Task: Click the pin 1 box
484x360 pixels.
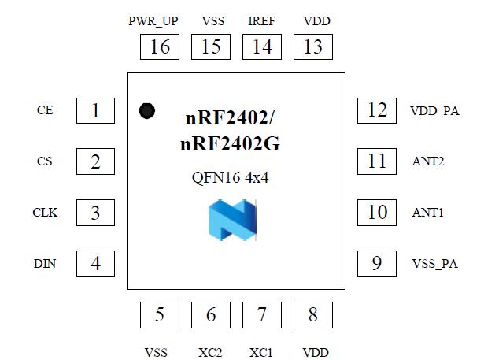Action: (x=96, y=110)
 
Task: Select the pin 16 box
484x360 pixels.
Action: (x=160, y=46)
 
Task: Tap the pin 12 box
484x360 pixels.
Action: (x=377, y=110)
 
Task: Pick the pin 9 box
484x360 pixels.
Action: (x=377, y=262)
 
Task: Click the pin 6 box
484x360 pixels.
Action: (x=211, y=315)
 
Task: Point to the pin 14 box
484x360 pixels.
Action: (x=262, y=46)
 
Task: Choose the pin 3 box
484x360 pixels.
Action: (x=96, y=212)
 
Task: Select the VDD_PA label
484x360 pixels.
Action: (x=434, y=111)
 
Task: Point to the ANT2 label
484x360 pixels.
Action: (x=428, y=161)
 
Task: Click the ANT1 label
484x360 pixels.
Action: (x=428, y=212)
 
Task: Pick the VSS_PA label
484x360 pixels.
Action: (x=434, y=263)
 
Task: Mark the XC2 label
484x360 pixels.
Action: (x=211, y=352)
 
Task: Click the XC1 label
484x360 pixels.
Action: (x=261, y=352)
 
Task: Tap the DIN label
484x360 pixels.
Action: (x=45, y=263)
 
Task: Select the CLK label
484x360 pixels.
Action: (x=45, y=212)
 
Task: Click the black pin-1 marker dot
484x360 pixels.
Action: (x=146, y=111)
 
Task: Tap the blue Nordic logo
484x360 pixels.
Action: (x=233, y=218)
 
